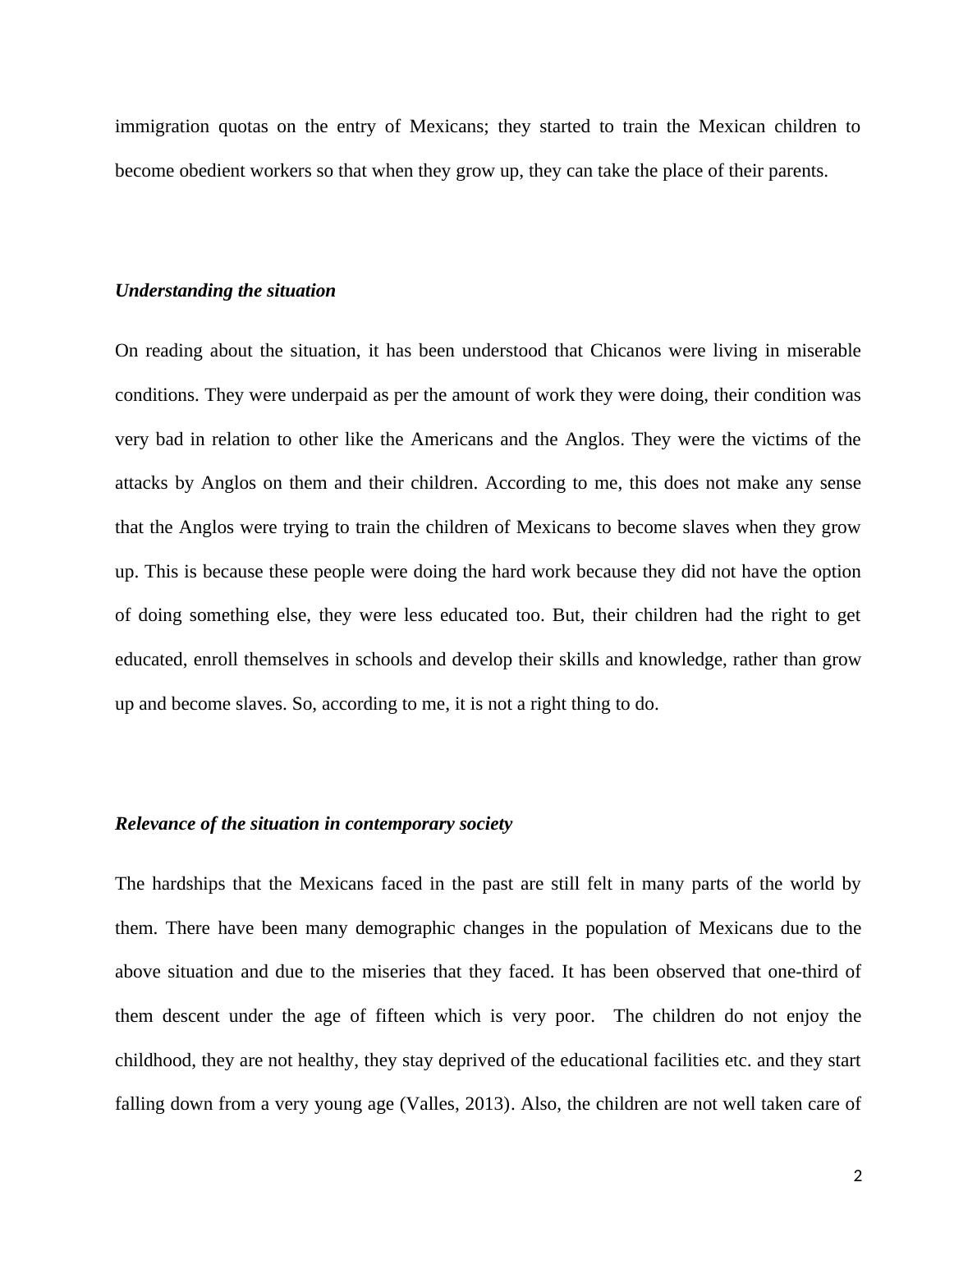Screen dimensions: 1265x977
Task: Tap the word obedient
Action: (x=211, y=171)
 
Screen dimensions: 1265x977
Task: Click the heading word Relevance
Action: (x=154, y=824)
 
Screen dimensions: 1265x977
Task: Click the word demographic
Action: (x=404, y=928)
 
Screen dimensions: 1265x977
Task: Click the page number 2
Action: (x=858, y=1176)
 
